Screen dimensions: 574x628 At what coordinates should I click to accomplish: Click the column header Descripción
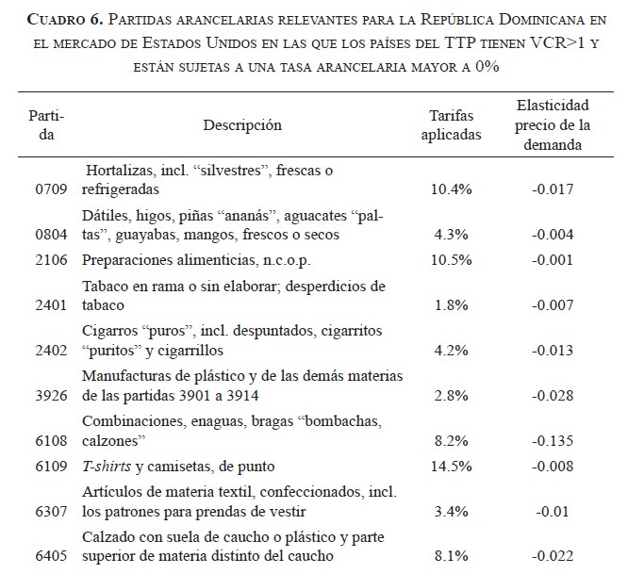click(x=242, y=124)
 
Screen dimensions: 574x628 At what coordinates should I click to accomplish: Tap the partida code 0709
click(x=50, y=189)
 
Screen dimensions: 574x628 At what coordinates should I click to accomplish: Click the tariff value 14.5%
click(x=451, y=465)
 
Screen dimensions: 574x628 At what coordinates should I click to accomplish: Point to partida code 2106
click(x=50, y=260)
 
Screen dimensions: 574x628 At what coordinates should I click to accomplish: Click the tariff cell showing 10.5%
click(x=451, y=260)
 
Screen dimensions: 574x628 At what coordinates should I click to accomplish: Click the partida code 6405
click(x=50, y=557)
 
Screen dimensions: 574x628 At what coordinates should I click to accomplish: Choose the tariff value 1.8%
click(x=451, y=305)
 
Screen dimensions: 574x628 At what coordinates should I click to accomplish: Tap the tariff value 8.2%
click(x=451, y=439)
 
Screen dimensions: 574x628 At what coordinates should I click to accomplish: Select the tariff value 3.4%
click(x=451, y=511)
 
